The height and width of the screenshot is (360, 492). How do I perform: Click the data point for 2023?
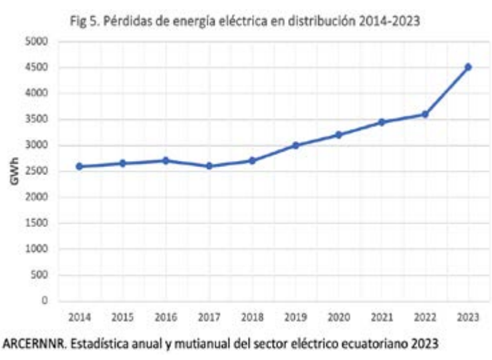point(468,67)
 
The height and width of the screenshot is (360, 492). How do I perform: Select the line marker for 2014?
point(80,166)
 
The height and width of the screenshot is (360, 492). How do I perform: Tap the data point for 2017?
point(209,166)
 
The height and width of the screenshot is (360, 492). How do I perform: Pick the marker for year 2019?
point(295,145)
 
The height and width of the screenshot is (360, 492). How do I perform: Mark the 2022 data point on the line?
point(425,114)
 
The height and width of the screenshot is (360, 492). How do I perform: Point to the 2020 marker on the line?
point(339,135)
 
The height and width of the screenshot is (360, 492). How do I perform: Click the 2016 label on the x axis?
point(166,317)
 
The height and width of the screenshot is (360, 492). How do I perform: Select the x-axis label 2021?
point(382,317)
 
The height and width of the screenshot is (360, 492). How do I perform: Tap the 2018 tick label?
point(252,317)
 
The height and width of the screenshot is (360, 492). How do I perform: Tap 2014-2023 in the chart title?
point(390,21)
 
